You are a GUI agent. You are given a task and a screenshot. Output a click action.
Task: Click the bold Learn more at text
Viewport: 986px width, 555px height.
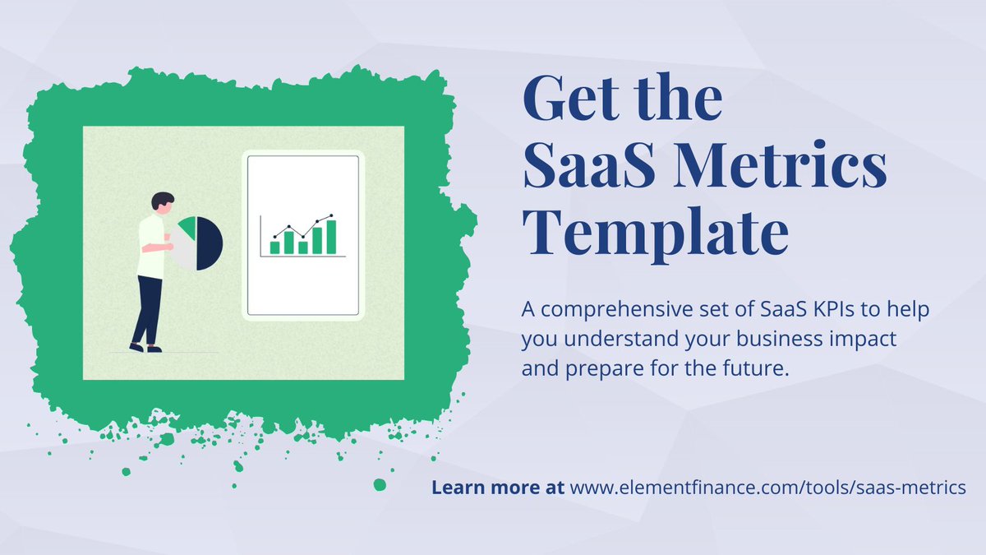497,488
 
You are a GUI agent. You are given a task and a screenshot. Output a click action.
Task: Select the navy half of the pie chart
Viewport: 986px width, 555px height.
210,244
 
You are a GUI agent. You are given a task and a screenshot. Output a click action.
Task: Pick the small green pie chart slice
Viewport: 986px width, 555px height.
187,228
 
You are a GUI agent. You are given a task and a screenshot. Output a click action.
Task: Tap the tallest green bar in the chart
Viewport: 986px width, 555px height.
330,237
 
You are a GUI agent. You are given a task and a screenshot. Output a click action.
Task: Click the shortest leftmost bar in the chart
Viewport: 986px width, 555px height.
274,247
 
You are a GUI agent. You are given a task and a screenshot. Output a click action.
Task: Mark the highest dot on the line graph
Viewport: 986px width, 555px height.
331,216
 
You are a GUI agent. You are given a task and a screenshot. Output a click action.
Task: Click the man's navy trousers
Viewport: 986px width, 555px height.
149,308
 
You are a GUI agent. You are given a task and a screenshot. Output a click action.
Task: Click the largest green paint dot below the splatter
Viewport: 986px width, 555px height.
379,485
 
